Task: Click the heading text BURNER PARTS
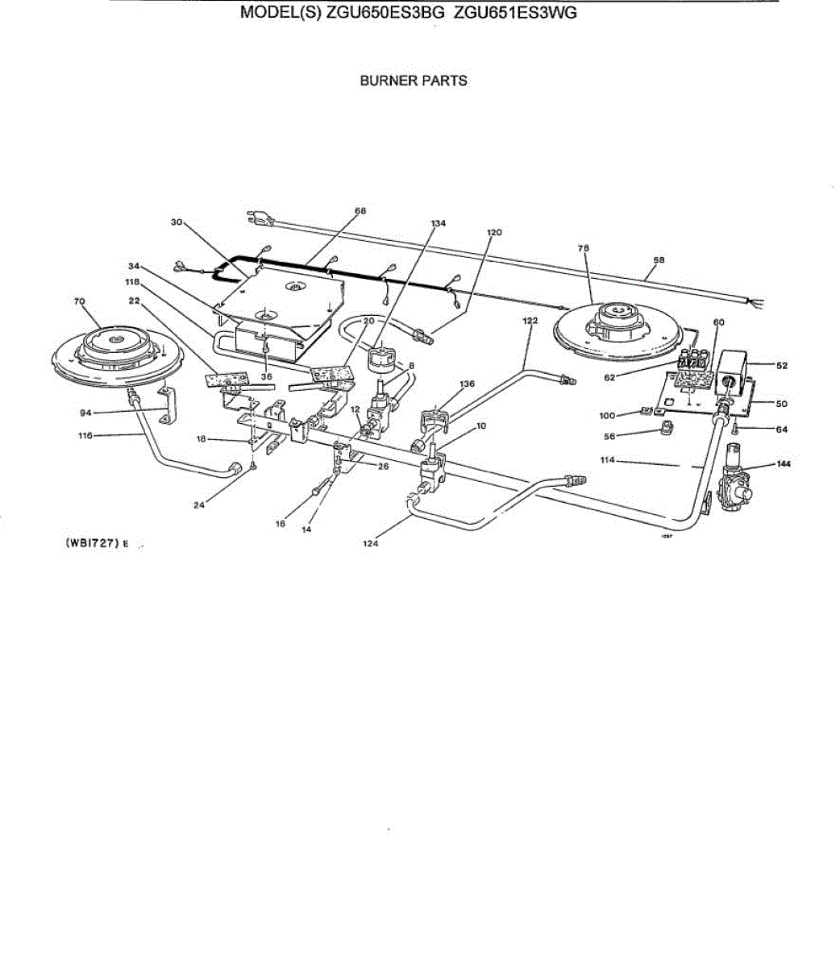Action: pos(413,81)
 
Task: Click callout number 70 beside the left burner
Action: pos(79,301)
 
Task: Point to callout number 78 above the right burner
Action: pos(583,249)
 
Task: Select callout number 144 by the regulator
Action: pos(782,464)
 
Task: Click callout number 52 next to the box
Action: pos(781,365)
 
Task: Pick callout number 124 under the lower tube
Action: pos(370,543)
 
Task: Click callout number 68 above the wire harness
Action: pos(360,211)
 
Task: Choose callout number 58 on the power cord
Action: pos(659,260)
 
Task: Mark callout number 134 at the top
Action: pos(438,222)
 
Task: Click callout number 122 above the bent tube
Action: pos(530,320)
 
